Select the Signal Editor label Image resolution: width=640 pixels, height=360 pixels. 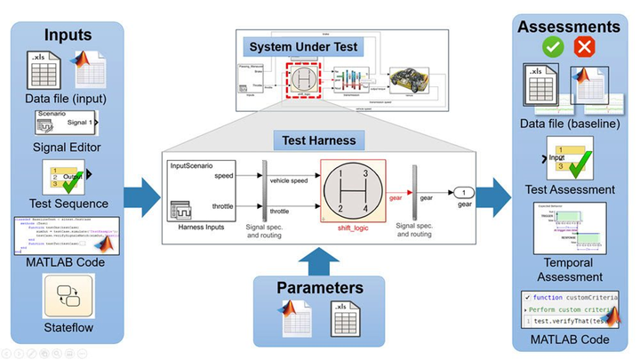tap(66, 146)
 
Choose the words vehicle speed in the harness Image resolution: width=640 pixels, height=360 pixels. tap(289, 180)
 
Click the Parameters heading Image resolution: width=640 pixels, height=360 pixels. tap(318, 287)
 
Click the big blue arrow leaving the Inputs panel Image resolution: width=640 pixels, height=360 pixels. tap(142, 190)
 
